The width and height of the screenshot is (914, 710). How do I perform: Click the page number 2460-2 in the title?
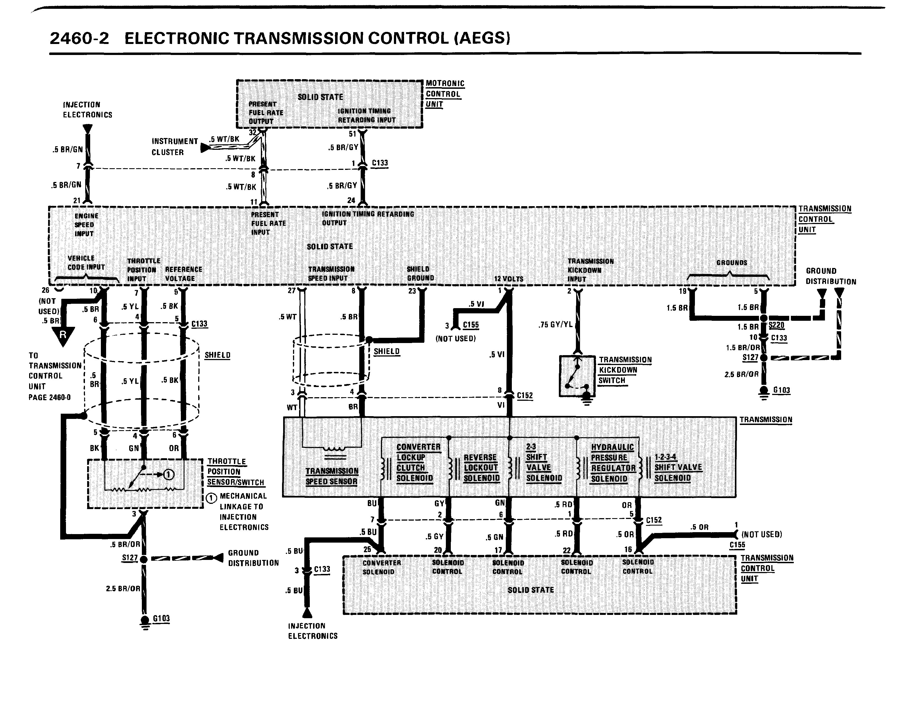pyautogui.click(x=79, y=38)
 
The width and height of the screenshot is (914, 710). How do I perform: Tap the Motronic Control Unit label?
pyautogui.click(x=445, y=94)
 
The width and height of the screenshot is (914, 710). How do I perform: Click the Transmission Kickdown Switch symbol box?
pyautogui.click(x=577, y=376)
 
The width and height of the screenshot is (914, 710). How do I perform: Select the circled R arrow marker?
pyautogui.click(x=63, y=335)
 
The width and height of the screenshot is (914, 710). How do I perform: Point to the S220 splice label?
pyautogui.click(x=776, y=325)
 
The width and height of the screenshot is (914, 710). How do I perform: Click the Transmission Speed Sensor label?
pyautogui.click(x=332, y=476)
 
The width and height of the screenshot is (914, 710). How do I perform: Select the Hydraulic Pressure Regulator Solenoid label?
pyautogui.click(x=613, y=463)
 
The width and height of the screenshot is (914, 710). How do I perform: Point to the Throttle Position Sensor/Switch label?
pyautogui.click(x=235, y=471)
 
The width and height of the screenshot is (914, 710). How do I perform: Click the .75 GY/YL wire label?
pyautogui.click(x=555, y=324)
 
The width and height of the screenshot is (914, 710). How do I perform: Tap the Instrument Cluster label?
pyautogui.click(x=175, y=147)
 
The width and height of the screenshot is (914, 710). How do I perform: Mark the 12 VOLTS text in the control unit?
pyautogui.click(x=509, y=279)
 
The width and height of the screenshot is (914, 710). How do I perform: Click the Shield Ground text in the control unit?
pyautogui.click(x=420, y=273)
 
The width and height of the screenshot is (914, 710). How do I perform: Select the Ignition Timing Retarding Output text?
pyautogui.click(x=368, y=219)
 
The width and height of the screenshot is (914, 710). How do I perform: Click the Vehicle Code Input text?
pyautogui.click(x=86, y=262)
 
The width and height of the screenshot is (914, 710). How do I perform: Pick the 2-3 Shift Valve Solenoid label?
pyautogui.click(x=543, y=462)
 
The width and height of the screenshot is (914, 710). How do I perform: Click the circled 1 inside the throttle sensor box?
pyautogui.click(x=168, y=474)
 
